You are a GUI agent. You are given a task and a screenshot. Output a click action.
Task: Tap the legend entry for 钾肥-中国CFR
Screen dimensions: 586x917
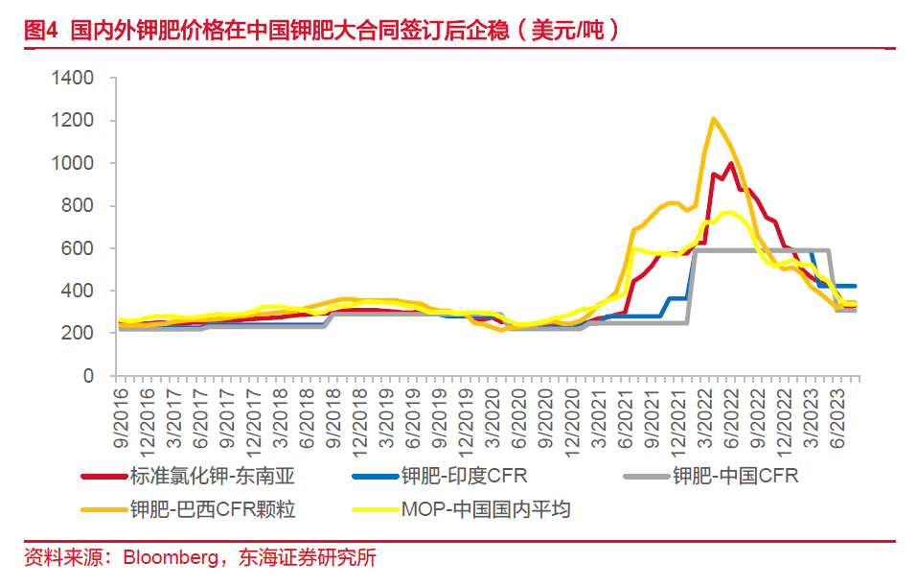point(734,475)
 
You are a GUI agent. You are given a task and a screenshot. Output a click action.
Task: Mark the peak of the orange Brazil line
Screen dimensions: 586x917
point(713,119)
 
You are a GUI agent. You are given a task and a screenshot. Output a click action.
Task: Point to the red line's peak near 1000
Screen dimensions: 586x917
point(732,163)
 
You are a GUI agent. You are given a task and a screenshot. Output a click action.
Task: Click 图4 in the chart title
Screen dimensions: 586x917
point(41,30)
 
